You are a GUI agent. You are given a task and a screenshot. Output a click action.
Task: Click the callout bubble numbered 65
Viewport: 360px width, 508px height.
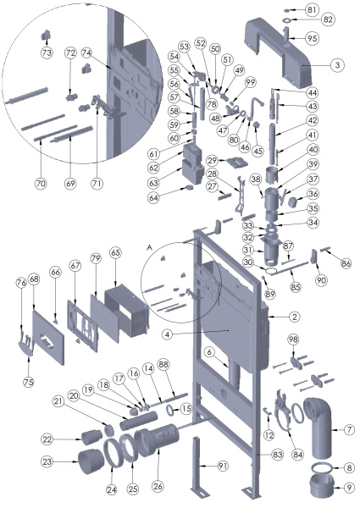click(115, 252)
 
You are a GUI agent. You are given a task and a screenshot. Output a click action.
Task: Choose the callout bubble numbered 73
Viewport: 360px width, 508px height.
click(47, 52)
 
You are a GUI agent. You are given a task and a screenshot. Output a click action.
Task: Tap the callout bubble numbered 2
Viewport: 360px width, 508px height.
click(271, 317)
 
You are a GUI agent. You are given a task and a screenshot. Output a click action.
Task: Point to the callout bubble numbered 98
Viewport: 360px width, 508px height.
click(294, 340)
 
